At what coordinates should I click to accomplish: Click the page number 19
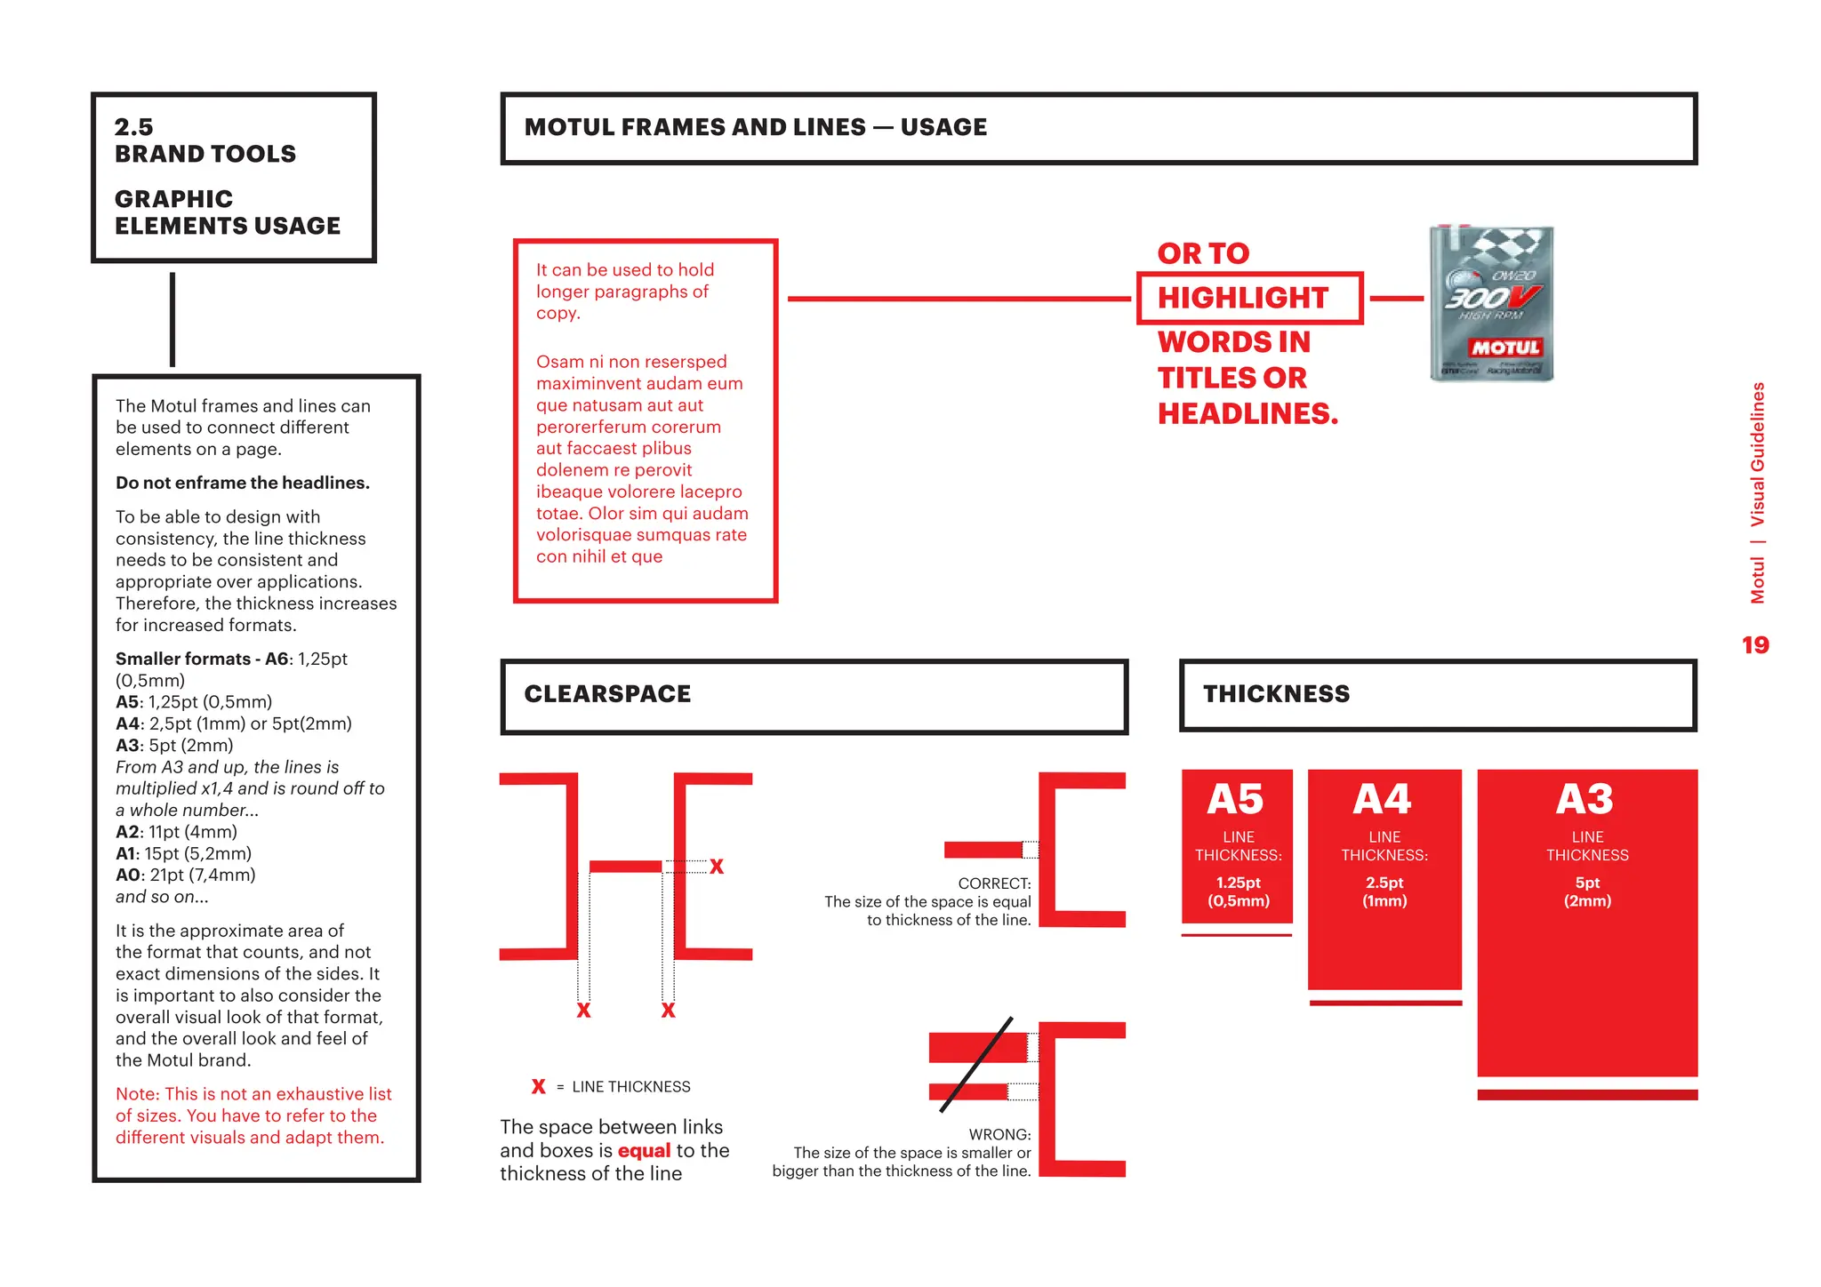click(x=1754, y=645)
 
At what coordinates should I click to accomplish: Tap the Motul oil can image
click(x=1491, y=304)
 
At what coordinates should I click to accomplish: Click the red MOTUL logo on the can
click(x=1505, y=348)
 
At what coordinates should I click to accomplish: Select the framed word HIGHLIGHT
click(x=1242, y=298)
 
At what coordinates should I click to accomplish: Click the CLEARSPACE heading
click(x=607, y=694)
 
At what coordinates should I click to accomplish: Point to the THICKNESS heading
click(x=1276, y=694)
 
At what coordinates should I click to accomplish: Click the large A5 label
click(x=1235, y=799)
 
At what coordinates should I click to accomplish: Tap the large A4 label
click(x=1382, y=799)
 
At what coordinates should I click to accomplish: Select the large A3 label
click(x=1584, y=799)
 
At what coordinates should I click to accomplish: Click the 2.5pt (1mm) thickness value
click(x=1384, y=891)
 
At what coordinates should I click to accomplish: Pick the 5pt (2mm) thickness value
click(x=1587, y=891)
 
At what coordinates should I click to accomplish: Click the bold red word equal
click(x=644, y=1151)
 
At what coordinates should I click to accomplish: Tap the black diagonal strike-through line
click(x=976, y=1065)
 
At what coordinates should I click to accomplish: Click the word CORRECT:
click(x=994, y=883)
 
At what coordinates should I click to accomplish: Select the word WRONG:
click(x=999, y=1135)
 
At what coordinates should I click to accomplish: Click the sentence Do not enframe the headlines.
click(x=242, y=483)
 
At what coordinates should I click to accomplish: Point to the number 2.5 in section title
click(x=133, y=127)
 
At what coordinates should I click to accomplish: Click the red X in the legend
click(x=538, y=1086)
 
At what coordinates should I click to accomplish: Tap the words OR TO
click(x=1203, y=254)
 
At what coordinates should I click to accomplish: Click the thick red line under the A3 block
click(x=1587, y=1095)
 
